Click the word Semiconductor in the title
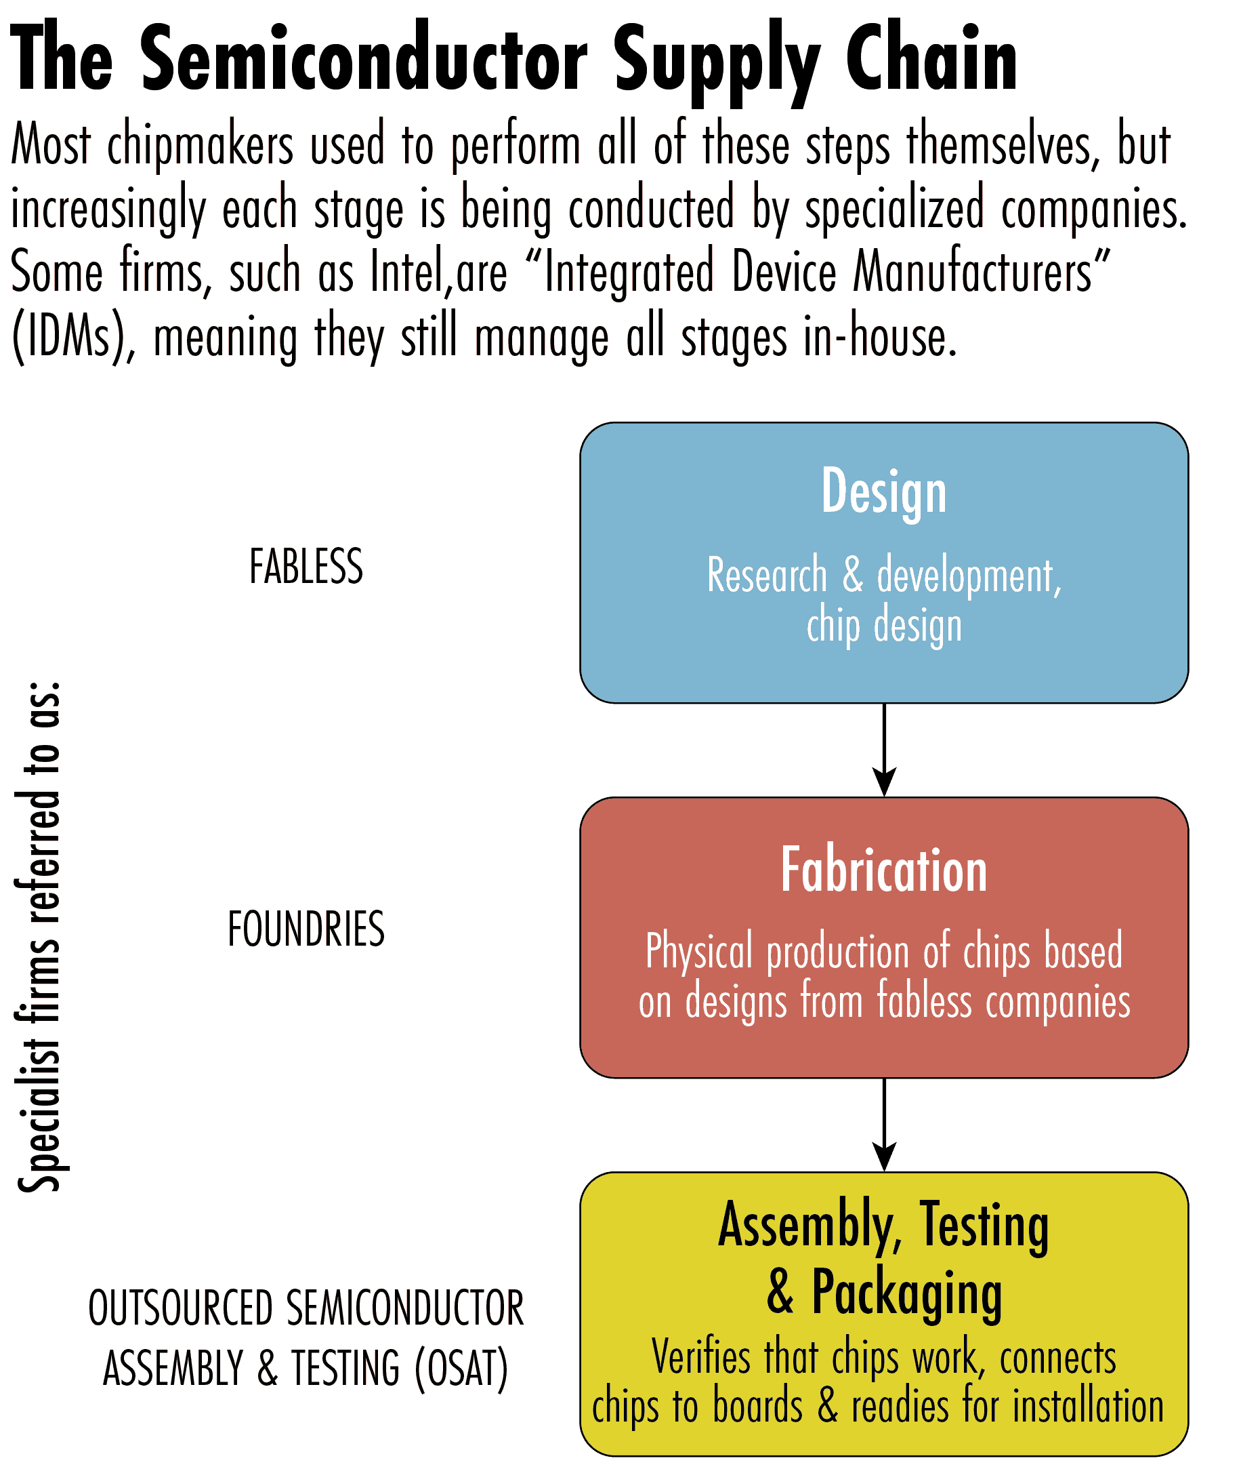pos(364,58)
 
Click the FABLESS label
pos(306,567)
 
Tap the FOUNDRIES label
pos(306,929)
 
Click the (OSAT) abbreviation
pos(461,1367)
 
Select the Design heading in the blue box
pos(883,492)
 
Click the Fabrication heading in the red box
pos(883,870)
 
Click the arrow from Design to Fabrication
pos(883,750)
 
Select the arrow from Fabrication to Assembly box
pos(883,1125)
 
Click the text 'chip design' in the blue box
pos(883,625)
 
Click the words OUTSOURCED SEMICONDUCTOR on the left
pos(306,1308)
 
